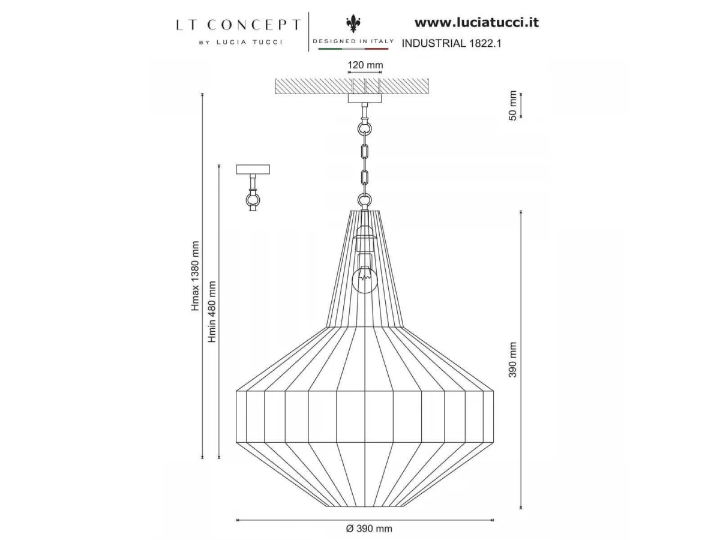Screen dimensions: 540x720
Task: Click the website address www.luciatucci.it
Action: point(476,23)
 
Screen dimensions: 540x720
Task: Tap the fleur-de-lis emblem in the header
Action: point(353,24)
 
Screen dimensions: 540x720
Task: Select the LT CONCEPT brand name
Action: point(238,25)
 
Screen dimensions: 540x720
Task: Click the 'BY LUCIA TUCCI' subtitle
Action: point(241,43)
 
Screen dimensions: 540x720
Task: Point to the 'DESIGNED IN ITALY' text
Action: point(353,41)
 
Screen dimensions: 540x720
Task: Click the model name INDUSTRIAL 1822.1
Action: point(451,43)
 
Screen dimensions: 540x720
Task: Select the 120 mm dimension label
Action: point(365,65)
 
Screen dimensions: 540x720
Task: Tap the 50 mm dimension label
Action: point(512,106)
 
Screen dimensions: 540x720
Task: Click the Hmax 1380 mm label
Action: point(196,276)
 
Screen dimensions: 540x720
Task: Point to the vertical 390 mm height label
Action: point(512,360)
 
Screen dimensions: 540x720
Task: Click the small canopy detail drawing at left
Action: point(253,187)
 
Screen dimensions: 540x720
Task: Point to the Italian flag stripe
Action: point(353,49)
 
